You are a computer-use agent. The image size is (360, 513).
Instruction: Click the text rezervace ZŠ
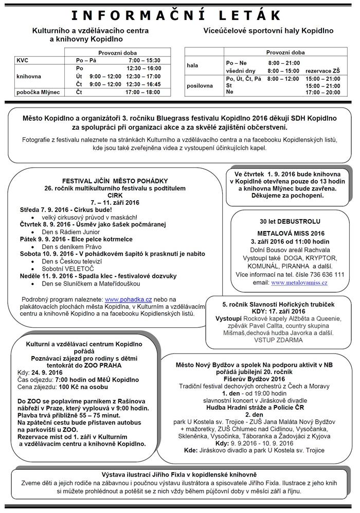[x=322, y=70]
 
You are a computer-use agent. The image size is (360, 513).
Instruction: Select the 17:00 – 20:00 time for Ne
[x=322, y=93]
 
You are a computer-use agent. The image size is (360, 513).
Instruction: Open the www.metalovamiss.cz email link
[x=299, y=282]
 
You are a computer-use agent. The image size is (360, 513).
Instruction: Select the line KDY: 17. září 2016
[x=278, y=311]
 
